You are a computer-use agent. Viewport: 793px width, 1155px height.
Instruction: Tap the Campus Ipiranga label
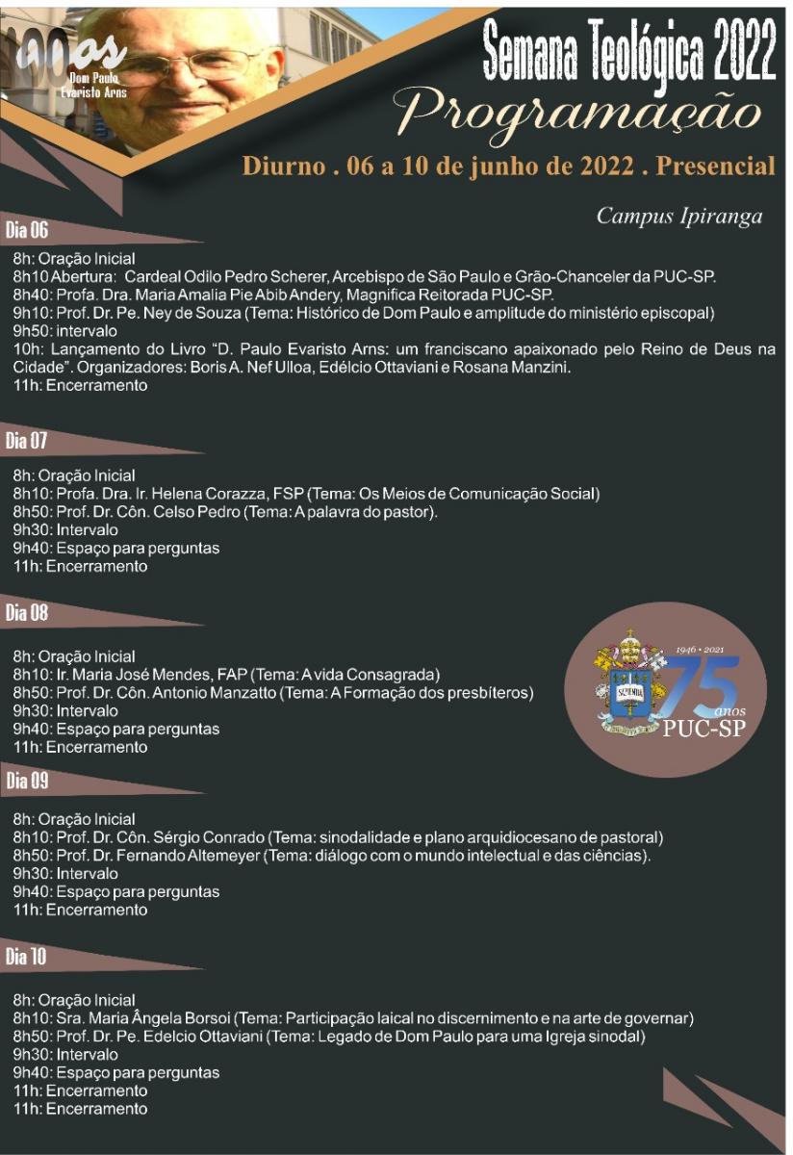[679, 216]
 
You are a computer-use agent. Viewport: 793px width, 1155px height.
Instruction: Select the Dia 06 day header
[27, 230]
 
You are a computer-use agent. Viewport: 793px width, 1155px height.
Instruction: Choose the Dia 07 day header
[27, 442]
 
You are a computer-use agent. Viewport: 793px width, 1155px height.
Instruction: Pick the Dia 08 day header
[27, 613]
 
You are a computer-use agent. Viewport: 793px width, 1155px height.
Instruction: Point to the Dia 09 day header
[27, 781]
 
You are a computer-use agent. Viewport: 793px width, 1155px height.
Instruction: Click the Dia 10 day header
[27, 957]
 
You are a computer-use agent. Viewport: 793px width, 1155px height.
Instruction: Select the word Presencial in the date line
[715, 166]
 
